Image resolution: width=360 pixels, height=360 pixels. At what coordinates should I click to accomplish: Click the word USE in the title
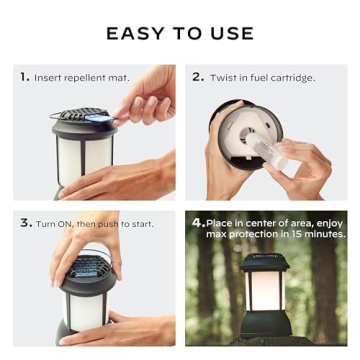231,34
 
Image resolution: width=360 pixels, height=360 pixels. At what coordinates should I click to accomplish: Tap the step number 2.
197,76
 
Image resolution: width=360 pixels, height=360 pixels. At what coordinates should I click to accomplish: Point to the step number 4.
197,223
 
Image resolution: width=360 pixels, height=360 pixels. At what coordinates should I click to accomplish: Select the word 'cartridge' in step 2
293,77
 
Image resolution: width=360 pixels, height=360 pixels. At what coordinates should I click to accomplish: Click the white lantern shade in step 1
84,160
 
